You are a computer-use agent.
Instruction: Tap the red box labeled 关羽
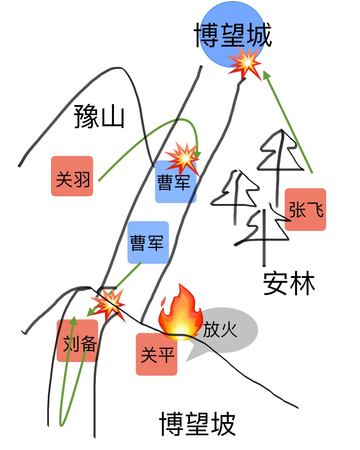tap(72, 176)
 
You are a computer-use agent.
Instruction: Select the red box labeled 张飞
tap(305, 209)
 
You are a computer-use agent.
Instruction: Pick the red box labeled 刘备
tap(78, 340)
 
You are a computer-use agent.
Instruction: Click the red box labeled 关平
tap(157, 354)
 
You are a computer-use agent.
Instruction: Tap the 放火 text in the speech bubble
tap(220, 330)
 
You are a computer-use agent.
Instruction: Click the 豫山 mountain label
tap(99, 116)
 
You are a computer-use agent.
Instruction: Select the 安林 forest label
tap(289, 283)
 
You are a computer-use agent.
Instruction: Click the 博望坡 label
tap(198, 424)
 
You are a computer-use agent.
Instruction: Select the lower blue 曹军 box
tap(148, 242)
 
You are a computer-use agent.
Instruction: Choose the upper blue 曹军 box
tap(176, 182)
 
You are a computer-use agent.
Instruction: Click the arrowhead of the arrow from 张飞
tap(266, 75)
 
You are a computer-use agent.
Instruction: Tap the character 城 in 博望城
tap(259, 35)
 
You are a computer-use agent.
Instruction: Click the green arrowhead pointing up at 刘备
tap(74, 321)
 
